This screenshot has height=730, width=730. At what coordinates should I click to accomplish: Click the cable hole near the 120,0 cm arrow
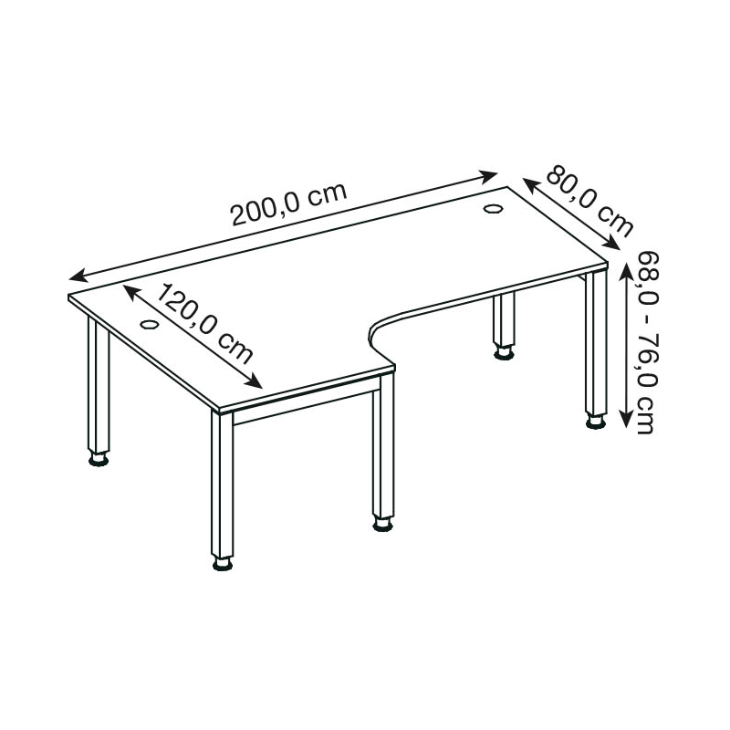[150, 324]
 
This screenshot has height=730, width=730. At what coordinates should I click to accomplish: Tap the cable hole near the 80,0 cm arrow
[492, 209]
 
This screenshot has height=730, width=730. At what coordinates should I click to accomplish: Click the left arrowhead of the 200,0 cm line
[78, 276]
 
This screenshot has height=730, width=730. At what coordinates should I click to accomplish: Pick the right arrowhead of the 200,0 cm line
[489, 176]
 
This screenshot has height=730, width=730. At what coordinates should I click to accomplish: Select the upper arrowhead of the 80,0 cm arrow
[530, 183]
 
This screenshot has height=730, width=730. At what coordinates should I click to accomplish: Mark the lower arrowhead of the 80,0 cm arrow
[612, 244]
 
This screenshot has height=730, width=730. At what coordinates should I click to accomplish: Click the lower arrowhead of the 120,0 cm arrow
[255, 381]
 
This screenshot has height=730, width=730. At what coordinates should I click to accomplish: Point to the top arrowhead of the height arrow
[626, 270]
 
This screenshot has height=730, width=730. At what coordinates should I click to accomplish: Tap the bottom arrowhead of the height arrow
[626, 419]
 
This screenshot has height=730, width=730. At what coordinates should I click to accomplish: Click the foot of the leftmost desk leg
[99, 459]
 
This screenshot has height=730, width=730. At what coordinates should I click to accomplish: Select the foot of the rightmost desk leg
[596, 422]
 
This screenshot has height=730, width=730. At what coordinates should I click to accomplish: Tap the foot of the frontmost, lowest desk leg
[223, 563]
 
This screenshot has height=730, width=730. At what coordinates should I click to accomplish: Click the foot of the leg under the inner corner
[382, 524]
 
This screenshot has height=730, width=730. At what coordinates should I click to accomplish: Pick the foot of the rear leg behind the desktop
[504, 353]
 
